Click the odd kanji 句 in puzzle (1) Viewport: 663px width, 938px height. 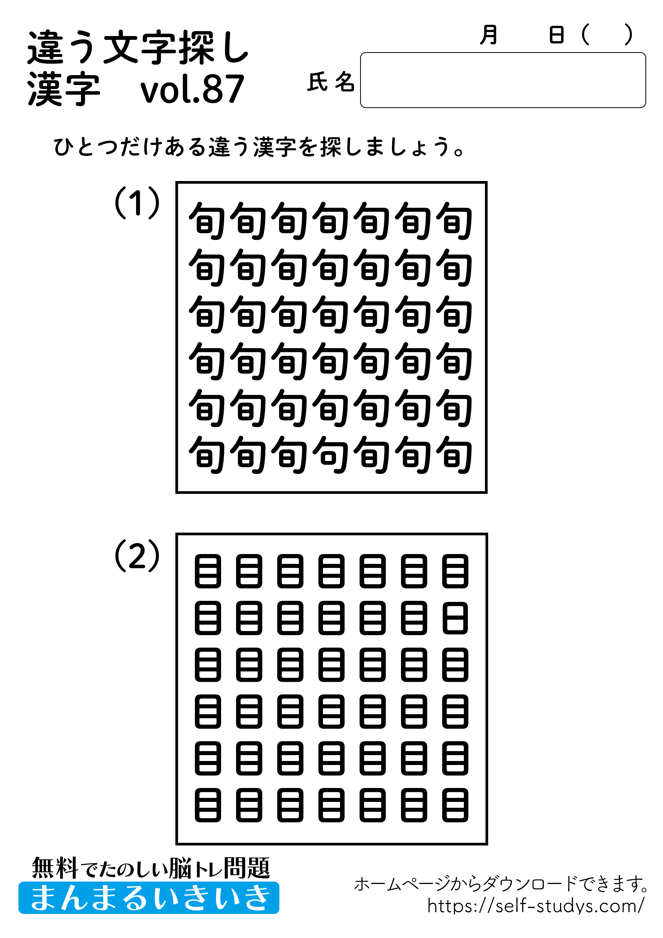(330, 455)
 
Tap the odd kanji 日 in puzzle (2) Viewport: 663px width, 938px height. (455, 618)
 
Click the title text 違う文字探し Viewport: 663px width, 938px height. (138, 48)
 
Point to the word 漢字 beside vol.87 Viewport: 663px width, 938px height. (64, 90)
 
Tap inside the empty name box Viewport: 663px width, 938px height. (502, 80)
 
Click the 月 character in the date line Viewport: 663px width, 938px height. (489, 35)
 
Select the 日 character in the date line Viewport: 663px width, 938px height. (556, 35)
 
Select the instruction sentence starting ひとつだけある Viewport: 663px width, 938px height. (259, 147)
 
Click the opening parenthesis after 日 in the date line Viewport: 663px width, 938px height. (586, 35)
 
